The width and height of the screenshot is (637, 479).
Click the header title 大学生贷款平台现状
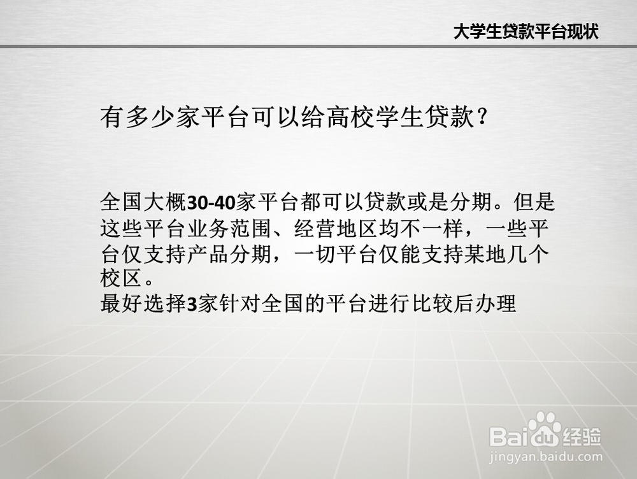[526, 31]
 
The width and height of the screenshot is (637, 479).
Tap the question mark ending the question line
[482, 117]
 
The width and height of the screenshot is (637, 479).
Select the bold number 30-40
[211, 203]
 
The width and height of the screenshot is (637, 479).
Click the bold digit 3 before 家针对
[192, 304]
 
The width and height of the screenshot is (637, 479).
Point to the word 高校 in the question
[351, 117]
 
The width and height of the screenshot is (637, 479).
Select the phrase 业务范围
[229, 228]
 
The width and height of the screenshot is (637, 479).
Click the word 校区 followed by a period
[122, 279]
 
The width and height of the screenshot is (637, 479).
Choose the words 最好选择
[143, 304]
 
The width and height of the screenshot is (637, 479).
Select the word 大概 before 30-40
[165, 203]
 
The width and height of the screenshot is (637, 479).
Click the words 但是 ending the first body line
[534, 203]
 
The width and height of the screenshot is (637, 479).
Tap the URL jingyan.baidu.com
[546, 456]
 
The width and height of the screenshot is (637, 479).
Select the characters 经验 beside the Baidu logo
[582, 437]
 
